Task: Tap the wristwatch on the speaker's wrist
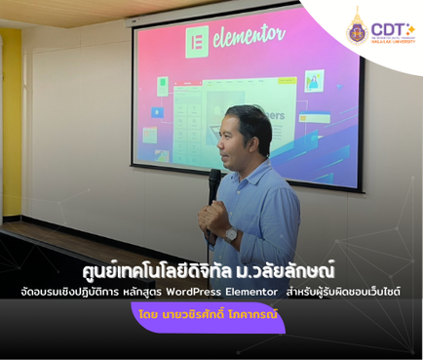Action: point(231,234)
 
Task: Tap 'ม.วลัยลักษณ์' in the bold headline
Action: point(292,270)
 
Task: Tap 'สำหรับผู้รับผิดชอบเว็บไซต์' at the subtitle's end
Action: point(354,292)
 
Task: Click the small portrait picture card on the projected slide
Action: point(314,81)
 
